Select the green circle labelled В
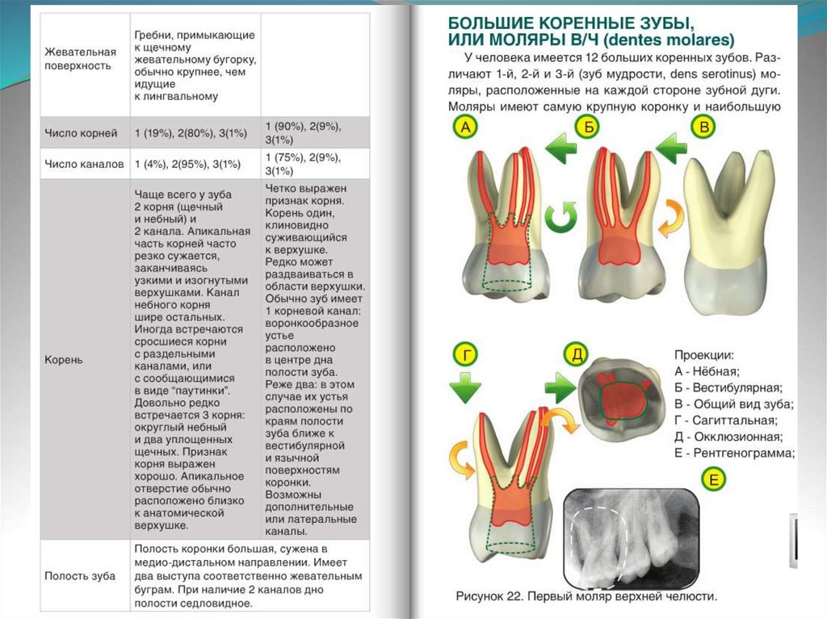tap(703, 128)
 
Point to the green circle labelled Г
tap(464, 354)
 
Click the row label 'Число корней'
tap(81, 132)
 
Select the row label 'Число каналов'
tap(84, 163)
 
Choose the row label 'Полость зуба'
tap(80, 575)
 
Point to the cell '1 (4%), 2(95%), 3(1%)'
tap(188, 163)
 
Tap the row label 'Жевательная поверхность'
tap(78, 58)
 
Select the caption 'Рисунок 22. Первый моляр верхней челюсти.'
tap(586, 597)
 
